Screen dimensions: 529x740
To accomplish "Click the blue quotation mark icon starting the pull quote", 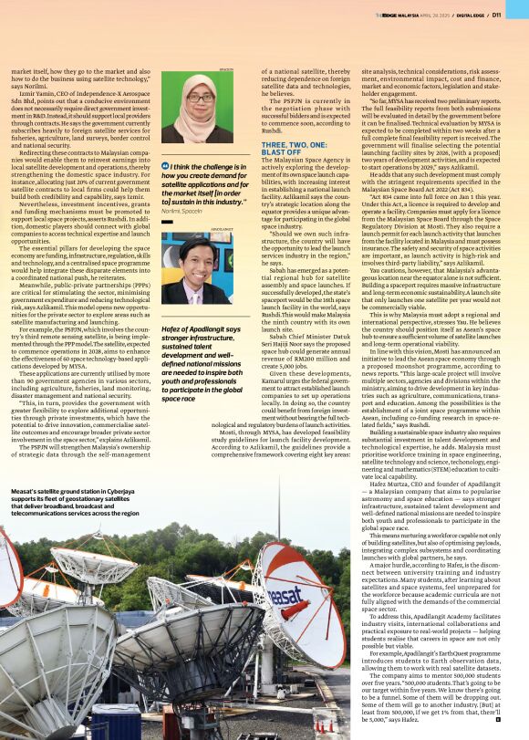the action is point(164,166).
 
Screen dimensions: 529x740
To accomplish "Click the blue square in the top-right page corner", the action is point(524,5).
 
